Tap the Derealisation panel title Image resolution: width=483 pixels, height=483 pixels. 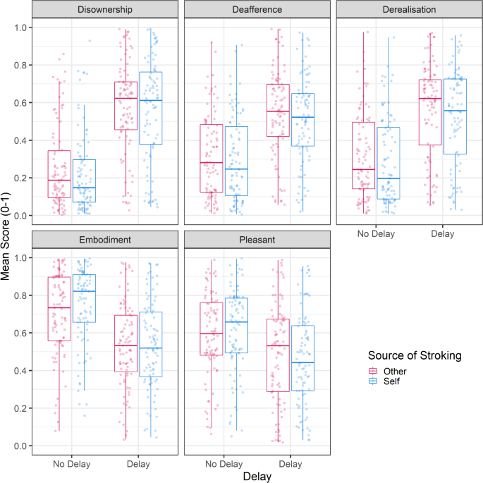pos(405,9)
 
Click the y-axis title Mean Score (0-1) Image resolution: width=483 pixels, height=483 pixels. pos(7,236)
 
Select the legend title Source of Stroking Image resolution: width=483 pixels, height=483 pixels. pos(415,356)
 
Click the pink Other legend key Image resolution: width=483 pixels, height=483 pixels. pos(376,372)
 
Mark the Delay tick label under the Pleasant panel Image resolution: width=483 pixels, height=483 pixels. pos(291,463)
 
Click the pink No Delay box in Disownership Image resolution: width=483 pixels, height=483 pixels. pos(59,174)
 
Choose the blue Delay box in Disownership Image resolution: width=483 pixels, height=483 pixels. pos(151,108)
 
